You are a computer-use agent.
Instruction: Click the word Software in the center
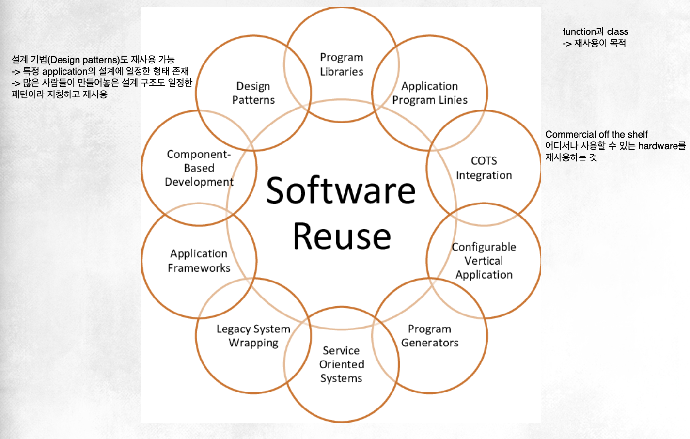tap(341, 190)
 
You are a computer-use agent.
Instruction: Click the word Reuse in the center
tap(342, 236)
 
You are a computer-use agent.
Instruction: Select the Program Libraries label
tap(342, 64)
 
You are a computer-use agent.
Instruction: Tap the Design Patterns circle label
tap(253, 93)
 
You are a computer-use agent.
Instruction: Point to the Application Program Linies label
tap(430, 93)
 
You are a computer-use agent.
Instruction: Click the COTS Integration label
tap(484, 168)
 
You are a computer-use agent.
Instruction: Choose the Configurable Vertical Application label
tap(484, 261)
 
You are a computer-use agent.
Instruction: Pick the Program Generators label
tap(430, 336)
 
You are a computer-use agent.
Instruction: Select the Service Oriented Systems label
tap(342, 364)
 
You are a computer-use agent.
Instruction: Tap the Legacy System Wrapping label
tap(253, 336)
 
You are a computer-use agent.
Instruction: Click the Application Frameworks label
tap(199, 261)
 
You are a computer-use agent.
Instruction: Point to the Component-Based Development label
tap(199, 168)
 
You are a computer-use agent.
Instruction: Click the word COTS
tap(484, 161)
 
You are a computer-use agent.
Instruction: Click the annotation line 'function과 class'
tap(596, 31)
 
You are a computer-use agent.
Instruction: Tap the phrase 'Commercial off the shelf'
tap(596, 134)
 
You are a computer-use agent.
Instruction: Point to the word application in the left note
tap(64, 71)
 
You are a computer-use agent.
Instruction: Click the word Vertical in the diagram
tap(484, 261)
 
